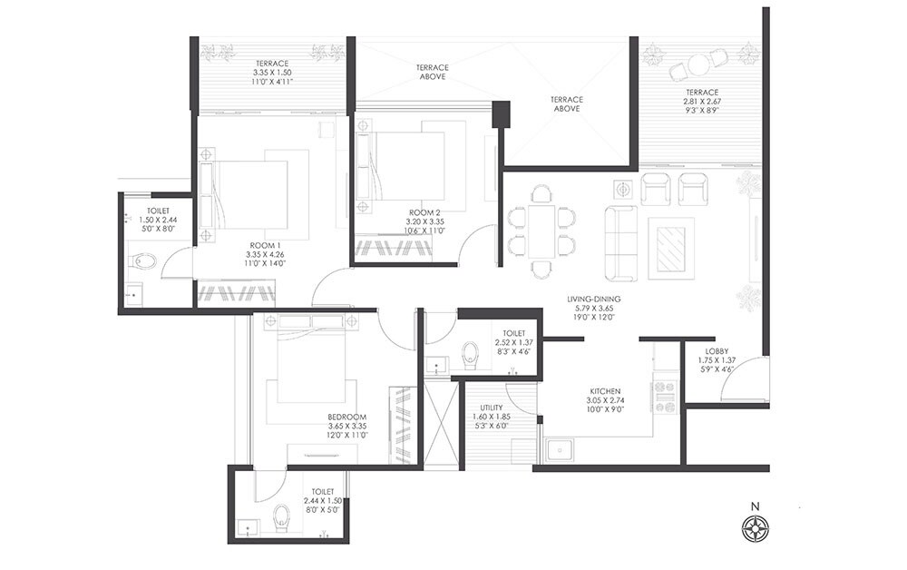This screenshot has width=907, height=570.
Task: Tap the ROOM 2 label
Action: click(x=423, y=211)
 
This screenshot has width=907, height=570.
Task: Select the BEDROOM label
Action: click(x=346, y=418)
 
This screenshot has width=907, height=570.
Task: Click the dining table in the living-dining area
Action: click(x=541, y=231)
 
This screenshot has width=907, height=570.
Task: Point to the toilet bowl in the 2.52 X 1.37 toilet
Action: click(x=470, y=355)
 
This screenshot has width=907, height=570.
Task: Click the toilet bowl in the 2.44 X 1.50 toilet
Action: click(x=281, y=517)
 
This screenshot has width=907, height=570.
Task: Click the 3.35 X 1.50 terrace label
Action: click(x=270, y=64)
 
